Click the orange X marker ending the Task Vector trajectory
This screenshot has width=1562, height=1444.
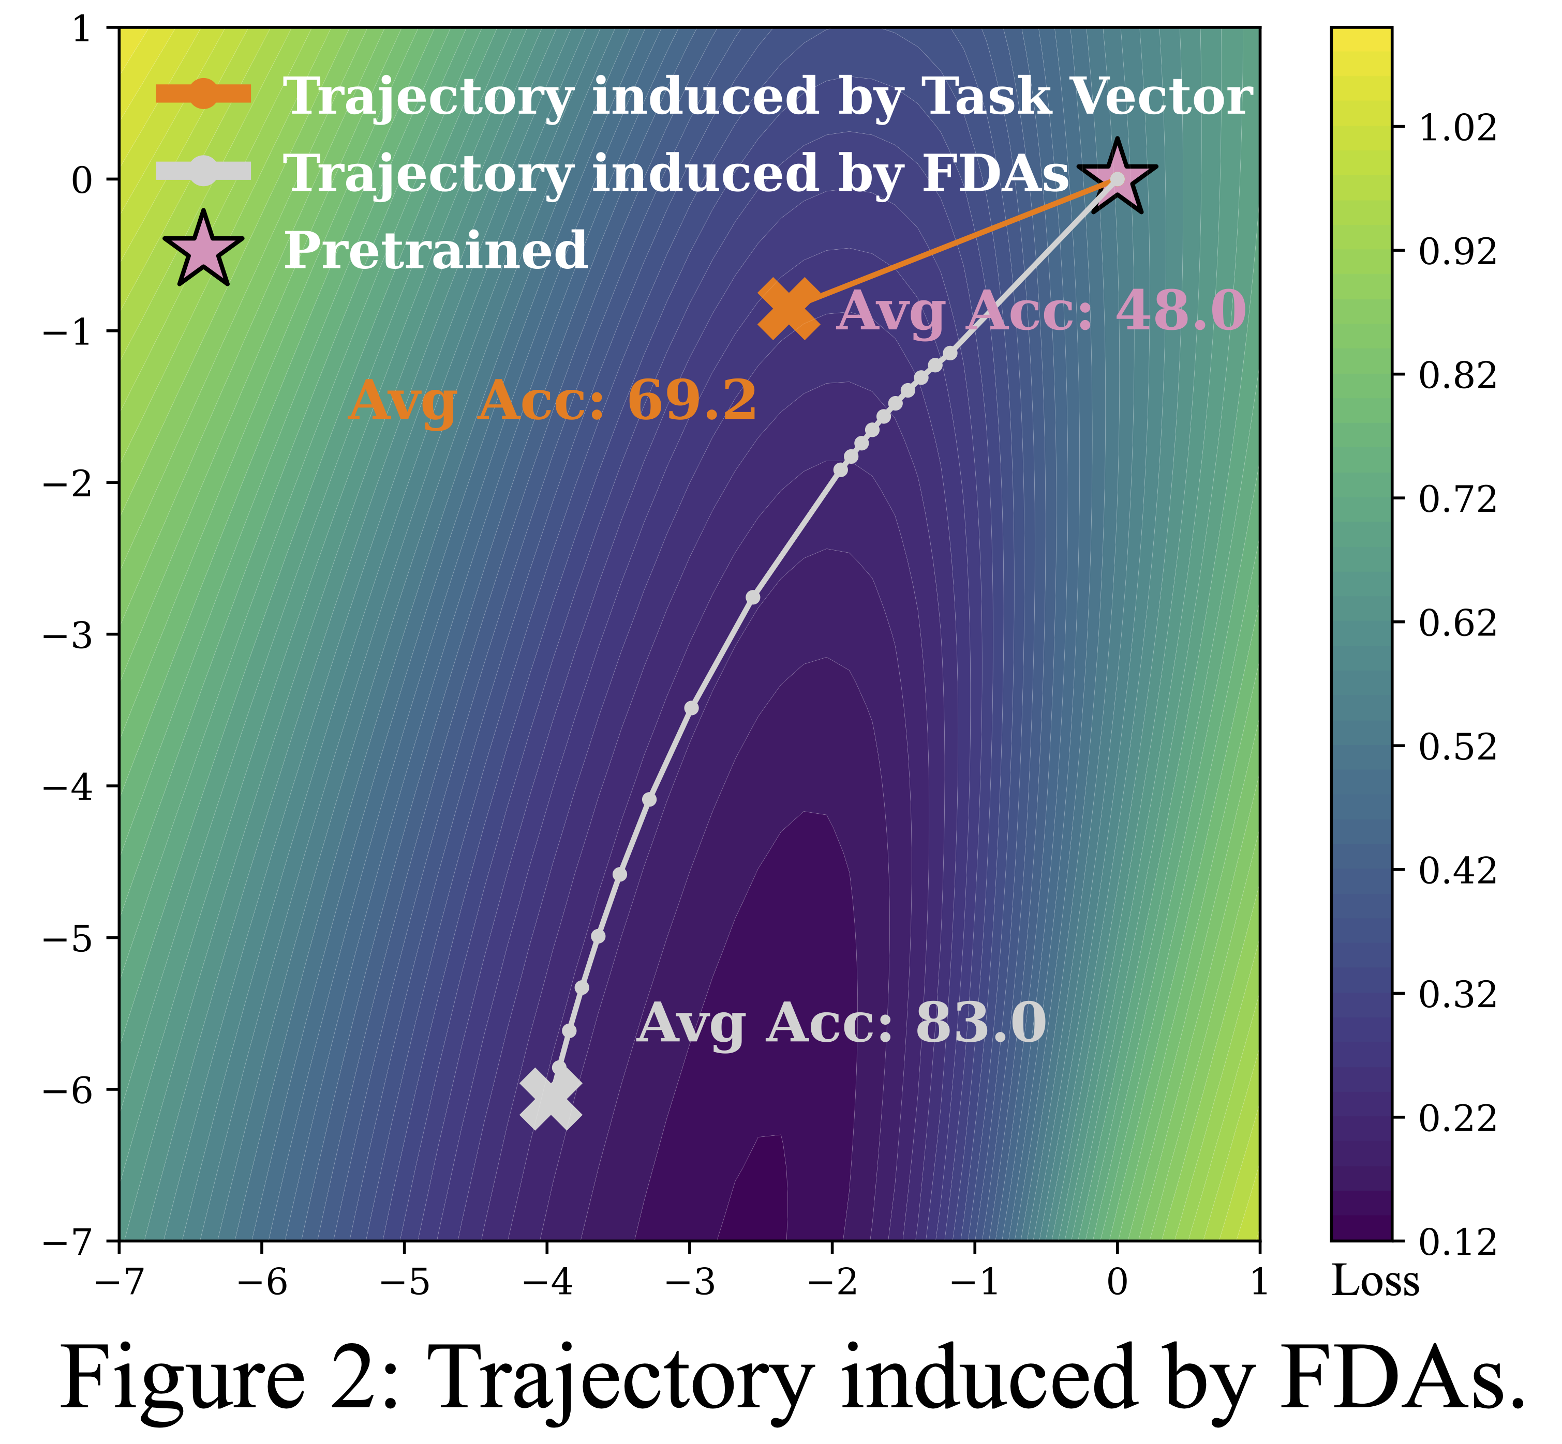[x=789, y=309]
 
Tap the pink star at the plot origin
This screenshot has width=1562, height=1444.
[x=1117, y=178]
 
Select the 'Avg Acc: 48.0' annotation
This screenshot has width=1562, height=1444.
[x=1040, y=311]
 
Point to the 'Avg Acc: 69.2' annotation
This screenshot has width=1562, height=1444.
[x=552, y=401]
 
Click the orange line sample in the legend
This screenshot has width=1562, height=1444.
[x=203, y=95]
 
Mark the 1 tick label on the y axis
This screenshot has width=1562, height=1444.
[x=81, y=29]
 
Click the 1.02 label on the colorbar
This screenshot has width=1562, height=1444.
[x=1458, y=127]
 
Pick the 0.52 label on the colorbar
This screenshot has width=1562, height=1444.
[x=1458, y=747]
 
